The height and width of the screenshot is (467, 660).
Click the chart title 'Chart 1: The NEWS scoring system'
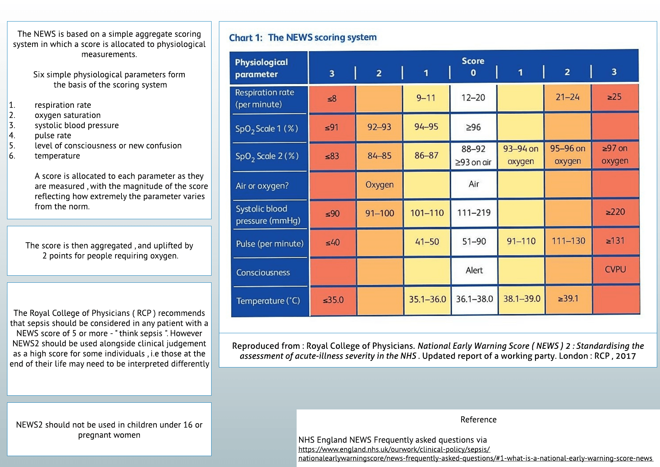coord(303,37)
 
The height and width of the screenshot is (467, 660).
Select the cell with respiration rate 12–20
coord(473,98)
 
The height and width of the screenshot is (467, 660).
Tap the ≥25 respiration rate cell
coord(614,97)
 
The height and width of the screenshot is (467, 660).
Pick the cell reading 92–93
coord(379,127)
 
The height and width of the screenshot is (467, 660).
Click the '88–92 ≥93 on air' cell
coord(473,155)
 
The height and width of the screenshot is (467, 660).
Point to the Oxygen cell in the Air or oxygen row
coord(379,185)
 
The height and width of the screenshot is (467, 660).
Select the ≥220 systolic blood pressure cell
coord(615,212)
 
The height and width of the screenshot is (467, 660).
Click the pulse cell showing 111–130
coord(568,241)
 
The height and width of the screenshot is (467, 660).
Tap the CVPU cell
coord(615,270)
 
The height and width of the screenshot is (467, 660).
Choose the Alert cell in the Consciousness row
coord(474,270)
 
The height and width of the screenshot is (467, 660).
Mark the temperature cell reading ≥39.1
coord(568,299)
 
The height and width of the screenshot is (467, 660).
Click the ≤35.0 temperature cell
coord(333,300)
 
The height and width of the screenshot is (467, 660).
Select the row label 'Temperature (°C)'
coord(268,301)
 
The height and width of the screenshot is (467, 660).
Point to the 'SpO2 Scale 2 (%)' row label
coord(267,156)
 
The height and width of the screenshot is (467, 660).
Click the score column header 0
coord(473,73)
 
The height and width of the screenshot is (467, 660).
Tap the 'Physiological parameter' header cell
coord(261,68)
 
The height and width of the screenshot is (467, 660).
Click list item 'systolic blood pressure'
coord(77,125)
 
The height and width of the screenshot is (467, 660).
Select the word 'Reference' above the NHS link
coord(478,420)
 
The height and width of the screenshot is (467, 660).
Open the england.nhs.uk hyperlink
coord(394,450)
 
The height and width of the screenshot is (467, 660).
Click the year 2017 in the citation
coord(626,356)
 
